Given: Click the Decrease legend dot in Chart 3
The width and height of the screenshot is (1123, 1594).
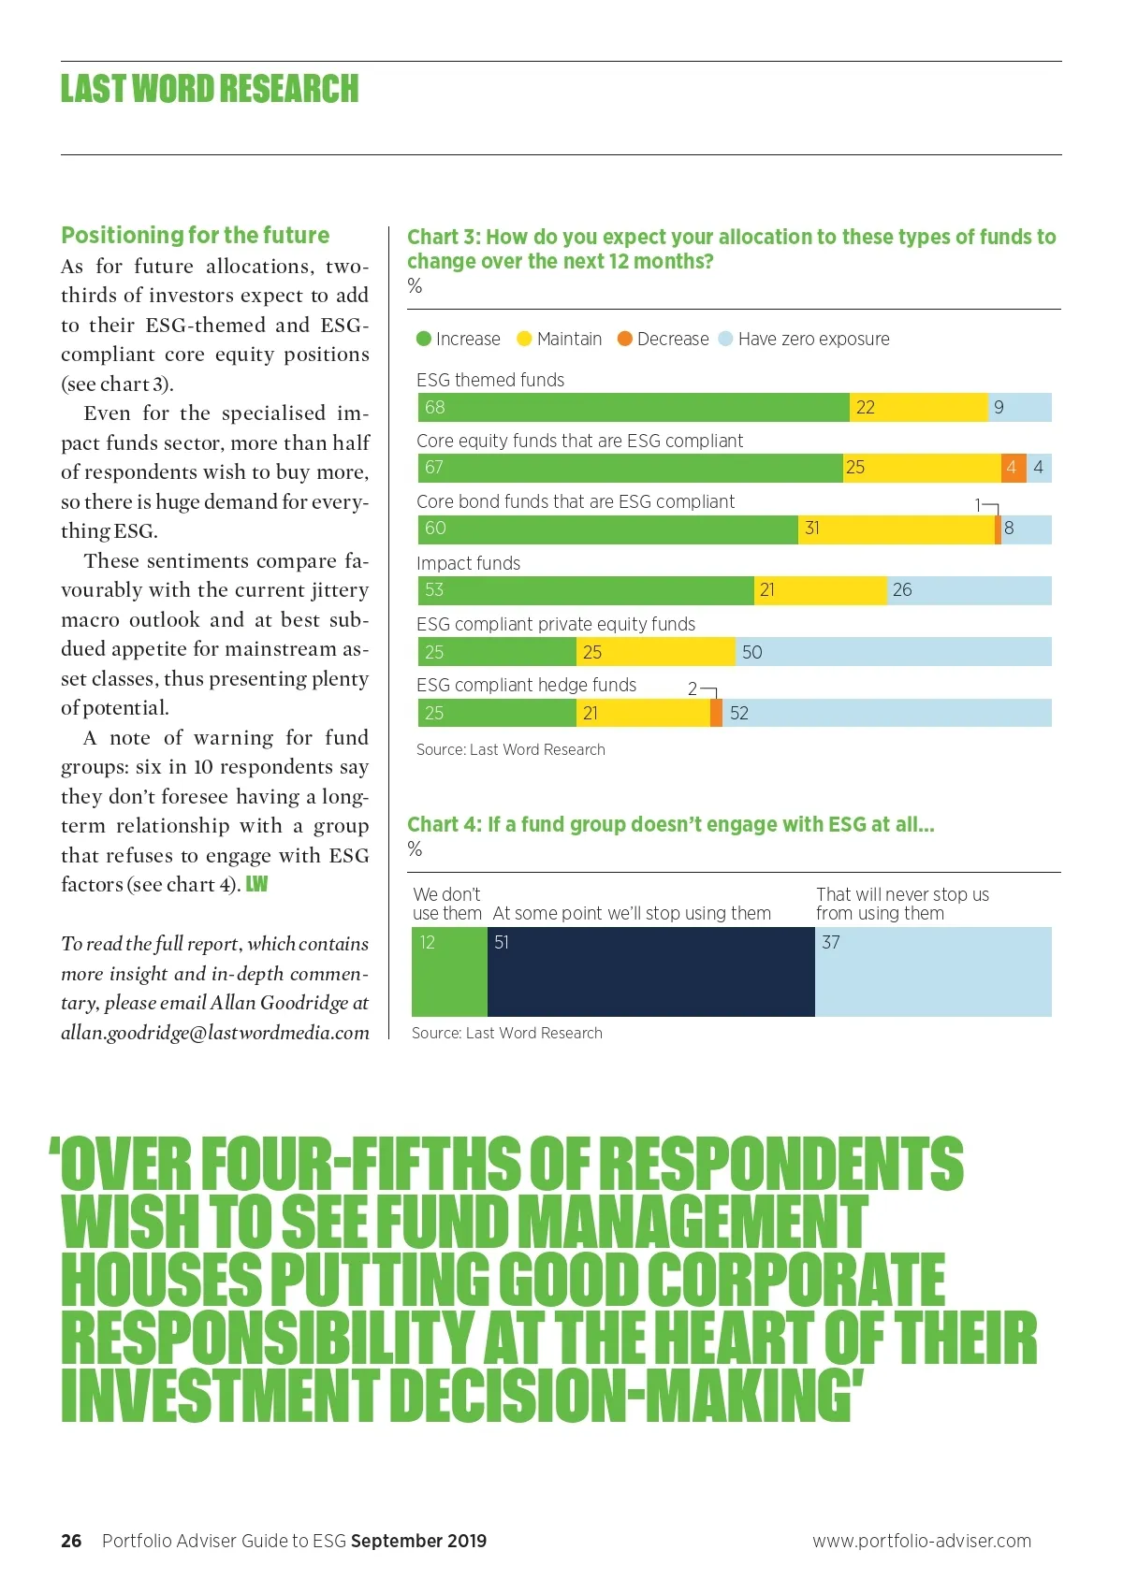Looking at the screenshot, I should [x=625, y=339].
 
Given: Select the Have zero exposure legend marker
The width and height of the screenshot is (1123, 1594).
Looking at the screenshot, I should [x=725, y=339].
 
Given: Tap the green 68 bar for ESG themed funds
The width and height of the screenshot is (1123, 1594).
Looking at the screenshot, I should [x=634, y=408].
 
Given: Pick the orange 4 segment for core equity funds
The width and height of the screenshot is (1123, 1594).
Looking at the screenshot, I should [x=1014, y=468].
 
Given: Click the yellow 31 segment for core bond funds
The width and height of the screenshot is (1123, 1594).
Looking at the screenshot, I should [x=897, y=529].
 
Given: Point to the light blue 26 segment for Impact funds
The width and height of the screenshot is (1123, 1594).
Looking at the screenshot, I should [x=969, y=590].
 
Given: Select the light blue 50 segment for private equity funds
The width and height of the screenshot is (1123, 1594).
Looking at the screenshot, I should [x=893, y=652].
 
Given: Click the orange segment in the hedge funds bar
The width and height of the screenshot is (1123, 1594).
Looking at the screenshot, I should [x=716, y=713].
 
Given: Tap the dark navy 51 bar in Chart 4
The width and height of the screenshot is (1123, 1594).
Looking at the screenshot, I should [x=650, y=972].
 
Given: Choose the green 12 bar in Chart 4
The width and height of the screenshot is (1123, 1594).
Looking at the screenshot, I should [x=449, y=972].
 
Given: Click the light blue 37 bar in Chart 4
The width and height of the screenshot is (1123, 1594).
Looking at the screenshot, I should [x=933, y=972].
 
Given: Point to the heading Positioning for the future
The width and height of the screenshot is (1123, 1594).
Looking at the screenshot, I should [x=196, y=235].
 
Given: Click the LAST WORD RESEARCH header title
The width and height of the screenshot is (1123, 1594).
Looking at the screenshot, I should [x=210, y=89].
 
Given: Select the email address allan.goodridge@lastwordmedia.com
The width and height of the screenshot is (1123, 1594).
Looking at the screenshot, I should [x=215, y=1033].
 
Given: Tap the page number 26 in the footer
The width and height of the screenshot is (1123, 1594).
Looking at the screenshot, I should [x=71, y=1541].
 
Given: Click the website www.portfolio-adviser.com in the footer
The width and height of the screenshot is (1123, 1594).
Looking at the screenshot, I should [x=922, y=1541].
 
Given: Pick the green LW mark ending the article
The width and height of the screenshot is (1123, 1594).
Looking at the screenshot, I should [x=256, y=884].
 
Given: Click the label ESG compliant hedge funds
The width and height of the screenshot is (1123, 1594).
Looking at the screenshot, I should [x=526, y=685].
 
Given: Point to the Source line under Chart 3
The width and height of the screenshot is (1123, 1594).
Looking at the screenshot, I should [x=511, y=749].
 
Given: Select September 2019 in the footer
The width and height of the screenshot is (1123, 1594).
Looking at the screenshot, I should [x=418, y=1541].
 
